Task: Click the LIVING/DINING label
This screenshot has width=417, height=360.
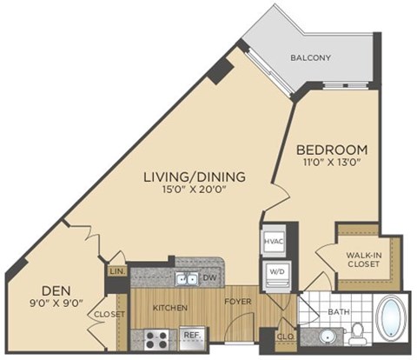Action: pyautogui.click(x=195, y=177)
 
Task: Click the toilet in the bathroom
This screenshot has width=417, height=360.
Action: pyautogui.click(x=357, y=331)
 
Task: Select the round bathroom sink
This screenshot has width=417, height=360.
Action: pyautogui.click(x=327, y=336)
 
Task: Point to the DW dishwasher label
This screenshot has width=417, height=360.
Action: pyautogui.click(x=208, y=278)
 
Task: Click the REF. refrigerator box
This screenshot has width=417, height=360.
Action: pyautogui.click(x=189, y=335)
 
